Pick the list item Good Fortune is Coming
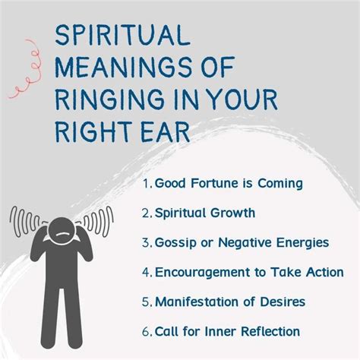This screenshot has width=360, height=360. pyautogui.click(x=228, y=183)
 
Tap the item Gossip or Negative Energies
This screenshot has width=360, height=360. pyautogui.click(x=241, y=242)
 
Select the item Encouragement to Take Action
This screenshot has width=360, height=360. pyautogui.click(x=249, y=272)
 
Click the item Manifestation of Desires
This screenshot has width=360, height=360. pyautogui.click(x=230, y=302)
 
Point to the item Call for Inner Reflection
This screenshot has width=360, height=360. pyautogui.click(x=227, y=331)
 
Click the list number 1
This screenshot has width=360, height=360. pyautogui.click(x=145, y=183)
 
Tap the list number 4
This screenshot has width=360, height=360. pyautogui.click(x=145, y=272)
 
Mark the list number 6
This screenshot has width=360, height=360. pyautogui.click(x=145, y=331)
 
